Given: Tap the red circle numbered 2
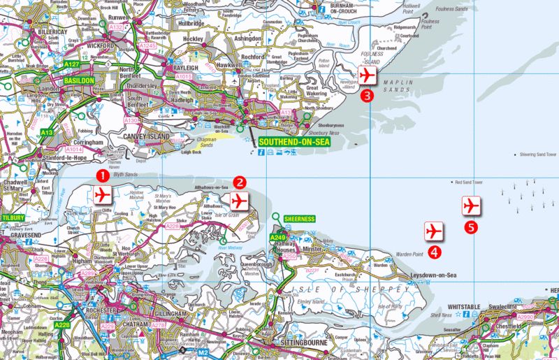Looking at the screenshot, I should [240, 182].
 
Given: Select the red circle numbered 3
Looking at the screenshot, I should [367, 96].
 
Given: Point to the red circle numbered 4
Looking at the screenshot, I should [435, 252].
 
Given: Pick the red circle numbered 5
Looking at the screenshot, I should [472, 227].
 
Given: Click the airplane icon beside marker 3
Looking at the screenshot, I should [367, 75].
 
